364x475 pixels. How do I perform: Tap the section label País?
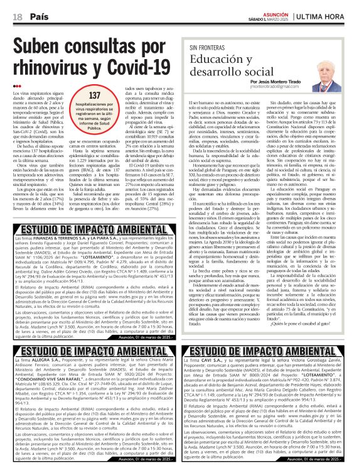pyautogui.click(x=40, y=16)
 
